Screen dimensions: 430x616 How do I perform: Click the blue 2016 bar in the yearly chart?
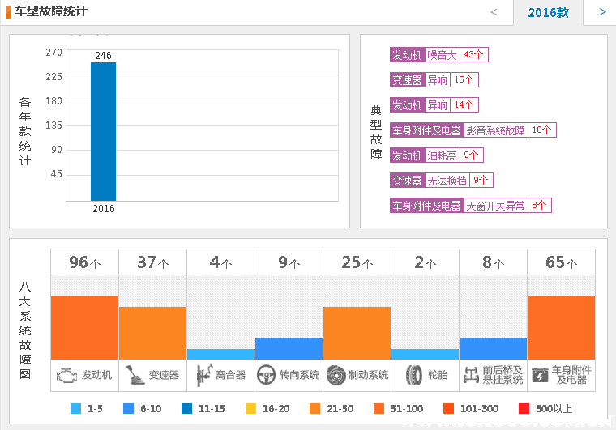[103, 131]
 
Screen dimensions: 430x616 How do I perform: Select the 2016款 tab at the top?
[548, 12]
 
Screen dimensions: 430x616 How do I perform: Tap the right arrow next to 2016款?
[602, 12]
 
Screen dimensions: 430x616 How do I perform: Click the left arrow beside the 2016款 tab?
[494, 12]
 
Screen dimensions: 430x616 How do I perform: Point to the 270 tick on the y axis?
[53, 53]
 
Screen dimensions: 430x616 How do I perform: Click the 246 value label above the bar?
[103, 56]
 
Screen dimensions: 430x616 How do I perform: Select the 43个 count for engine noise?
[474, 55]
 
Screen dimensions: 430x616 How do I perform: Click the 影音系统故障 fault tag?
[496, 130]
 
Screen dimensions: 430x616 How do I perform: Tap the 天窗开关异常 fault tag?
[496, 206]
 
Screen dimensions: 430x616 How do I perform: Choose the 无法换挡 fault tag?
[447, 181]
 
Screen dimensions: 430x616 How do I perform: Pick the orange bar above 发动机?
[84, 327]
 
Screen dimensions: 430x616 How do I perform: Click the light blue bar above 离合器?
[220, 354]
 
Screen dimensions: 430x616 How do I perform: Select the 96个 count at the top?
[84, 263]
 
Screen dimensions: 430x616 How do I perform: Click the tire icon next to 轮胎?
[414, 375]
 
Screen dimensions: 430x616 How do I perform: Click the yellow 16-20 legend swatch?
[250, 409]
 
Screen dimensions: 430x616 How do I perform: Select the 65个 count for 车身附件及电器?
[561, 263]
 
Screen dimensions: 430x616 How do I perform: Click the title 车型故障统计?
[50, 12]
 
